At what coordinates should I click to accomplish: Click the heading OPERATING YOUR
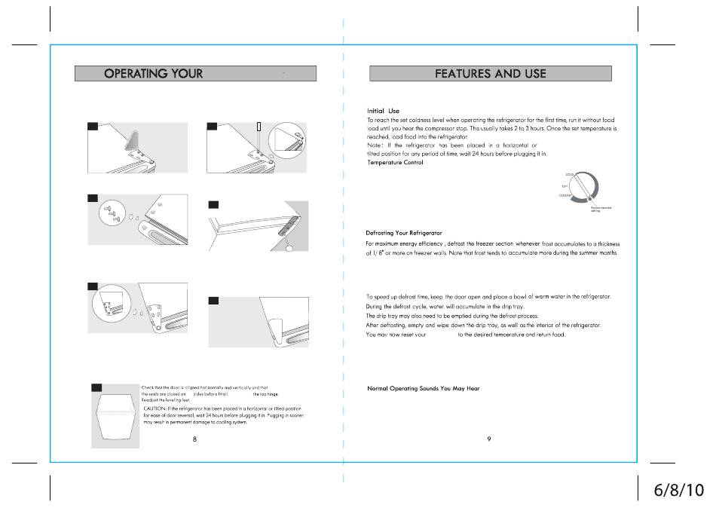[154, 73]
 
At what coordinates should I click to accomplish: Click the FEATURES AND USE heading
[490, 73]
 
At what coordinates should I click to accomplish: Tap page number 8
[194, 439]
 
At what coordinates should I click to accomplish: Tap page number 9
[489, 439]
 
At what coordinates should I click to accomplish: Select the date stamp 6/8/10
[678, 489]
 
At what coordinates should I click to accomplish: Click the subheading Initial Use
[383, 111]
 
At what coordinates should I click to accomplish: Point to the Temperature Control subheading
[396, 163]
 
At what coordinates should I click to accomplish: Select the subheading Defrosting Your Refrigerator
[404, 233]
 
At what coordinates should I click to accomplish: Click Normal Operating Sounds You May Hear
[423, 389]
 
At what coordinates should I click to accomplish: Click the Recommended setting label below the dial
[601, 209]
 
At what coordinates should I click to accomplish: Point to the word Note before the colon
[374, 145]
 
